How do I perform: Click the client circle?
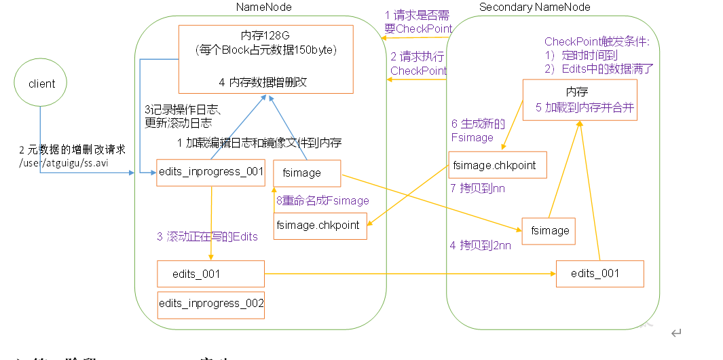pyautogui.click(x=42, y=84)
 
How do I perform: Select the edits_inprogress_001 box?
pyautogui.click(x=210, y=172)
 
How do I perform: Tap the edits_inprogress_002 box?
pyautogui.click(x=210, y=304)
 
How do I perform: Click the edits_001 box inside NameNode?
pyautogui.click(x=210, y=274)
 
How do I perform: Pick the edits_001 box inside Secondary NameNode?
pyautogui.click(x=599, y=273)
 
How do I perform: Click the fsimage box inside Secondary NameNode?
pyautogui.click(x=549, y=230)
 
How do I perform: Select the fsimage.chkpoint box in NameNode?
pyautogui.click(x=320, y=226)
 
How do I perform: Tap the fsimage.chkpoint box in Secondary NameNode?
pyautogui.click(x=498, y=165)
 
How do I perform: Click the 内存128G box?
pyautogui.click(x=265, y=59)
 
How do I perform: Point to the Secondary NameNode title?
pyautogui.click(x=535, y=7)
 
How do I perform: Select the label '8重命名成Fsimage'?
pyautogui.click(x=322, y=200)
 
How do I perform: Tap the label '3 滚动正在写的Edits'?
pyautogui.click(x=207, y=236)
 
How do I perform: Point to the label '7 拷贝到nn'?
pyautogui.click(x=478, y=187)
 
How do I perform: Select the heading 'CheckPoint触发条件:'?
pyautogui.click(x=597, y=42)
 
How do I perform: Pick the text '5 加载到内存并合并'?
pyautogui.click(x=585, y=107)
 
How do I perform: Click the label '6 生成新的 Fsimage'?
pyautogui.click(x=477, y=130)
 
